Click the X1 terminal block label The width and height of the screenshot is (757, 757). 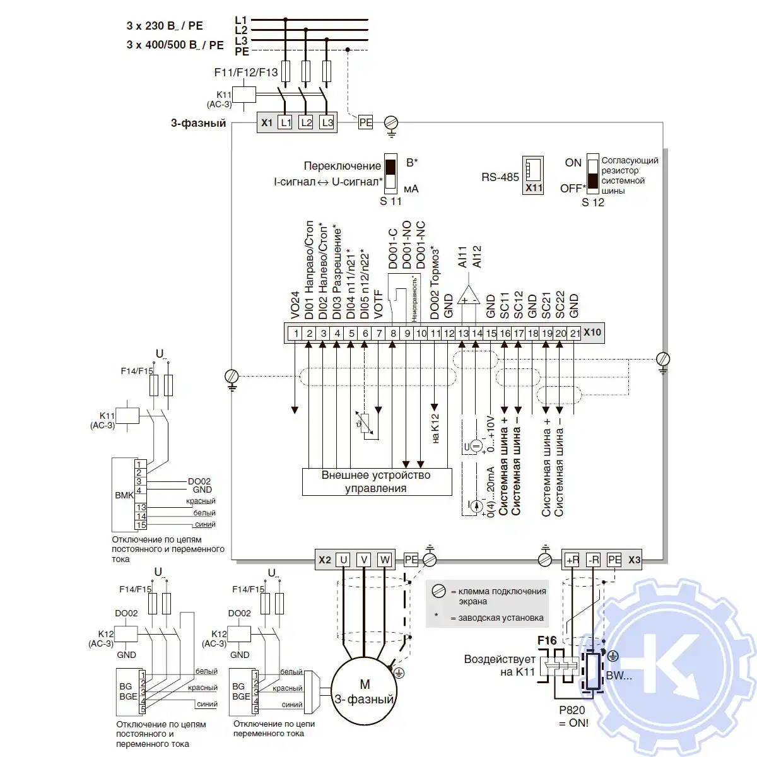pyautogui.click(x=267, y=122)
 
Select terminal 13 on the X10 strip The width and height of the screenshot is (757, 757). pyautogui.click(x=463, y=333)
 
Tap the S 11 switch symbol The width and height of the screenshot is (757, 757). pyautogui.click(x=390, y=171)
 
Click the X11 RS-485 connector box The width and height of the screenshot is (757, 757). pyautogui.click(x=533, y=175)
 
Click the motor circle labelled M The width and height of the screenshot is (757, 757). pyautogui.click(x=365, y=691)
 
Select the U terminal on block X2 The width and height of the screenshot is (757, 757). pyautogui.click(x=343, y=560)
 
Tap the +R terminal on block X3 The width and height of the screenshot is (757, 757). pyautogui.click(x=572, y=560)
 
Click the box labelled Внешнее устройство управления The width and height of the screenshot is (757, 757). pyautogui.click(x=377, y=482)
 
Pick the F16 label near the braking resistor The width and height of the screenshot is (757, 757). pyautogui.click(x=547, y=641)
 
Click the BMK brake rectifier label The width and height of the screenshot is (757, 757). pyautogui.click(x=124, y=495)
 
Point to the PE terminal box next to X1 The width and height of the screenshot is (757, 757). pyautogui.click(x=366, y=122)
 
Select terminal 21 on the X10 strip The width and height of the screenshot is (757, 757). pyautogui.click(x=575, y=333)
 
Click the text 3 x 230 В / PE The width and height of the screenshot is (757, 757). pyautogui.click(x=165, y=26)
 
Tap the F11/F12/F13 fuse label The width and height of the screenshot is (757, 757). pyautogui.click(x=246, y=73)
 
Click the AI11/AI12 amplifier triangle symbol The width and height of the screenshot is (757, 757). pyautogui.click(x=469, y=295)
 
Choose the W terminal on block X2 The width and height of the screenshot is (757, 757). pyautogui.click(x=385, y=560)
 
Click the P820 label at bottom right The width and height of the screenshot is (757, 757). pyautogui.click(x=572, y=710)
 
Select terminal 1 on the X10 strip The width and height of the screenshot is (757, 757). pyautogui.click(x=295, y=333)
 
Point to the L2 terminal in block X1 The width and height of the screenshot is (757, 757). pyautogui.click(x=306, y=122)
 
